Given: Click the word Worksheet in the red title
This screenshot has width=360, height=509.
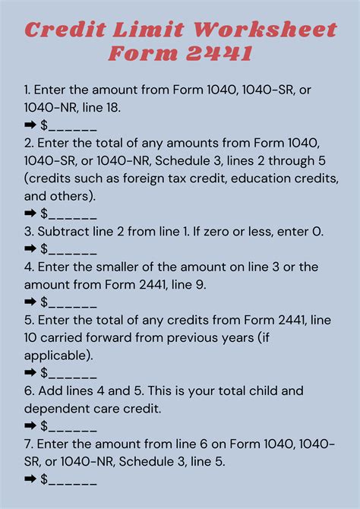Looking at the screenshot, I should coord(265,30).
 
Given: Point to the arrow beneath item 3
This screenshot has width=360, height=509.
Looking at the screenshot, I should coord(30,249).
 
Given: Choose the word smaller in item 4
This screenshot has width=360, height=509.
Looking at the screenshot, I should coord(114,267).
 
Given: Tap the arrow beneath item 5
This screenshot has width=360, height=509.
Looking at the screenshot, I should coord(30,373).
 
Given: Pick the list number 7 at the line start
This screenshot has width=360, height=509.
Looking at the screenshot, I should coord(27,444).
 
